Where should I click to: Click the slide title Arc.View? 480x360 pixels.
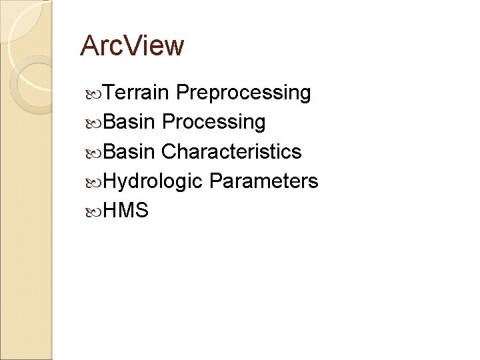pos(131,46)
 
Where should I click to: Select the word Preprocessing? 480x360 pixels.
pos(244,93)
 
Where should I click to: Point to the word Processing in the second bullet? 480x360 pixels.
pos(213,122)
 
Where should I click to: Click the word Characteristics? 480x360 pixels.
pos(231,151)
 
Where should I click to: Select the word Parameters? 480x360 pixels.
pos(263,181)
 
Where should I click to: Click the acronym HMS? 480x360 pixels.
pos(126,211)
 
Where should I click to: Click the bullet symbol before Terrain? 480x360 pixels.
pos(93,93)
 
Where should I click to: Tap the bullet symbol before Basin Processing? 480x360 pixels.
pos(93,123)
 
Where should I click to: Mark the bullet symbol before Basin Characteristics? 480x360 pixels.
pos(93,152)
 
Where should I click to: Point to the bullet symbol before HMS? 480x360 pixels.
pos(93,211)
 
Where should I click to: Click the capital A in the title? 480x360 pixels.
pos(89,46)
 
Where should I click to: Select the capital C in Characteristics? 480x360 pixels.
pos(169,151)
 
